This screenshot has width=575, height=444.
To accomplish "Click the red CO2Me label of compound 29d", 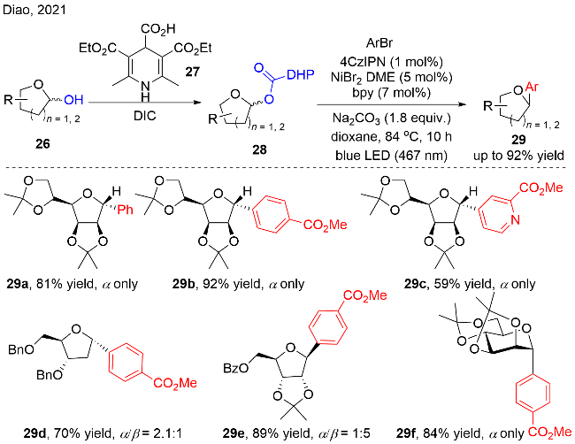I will pyautogui.click(x=175, y=382).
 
